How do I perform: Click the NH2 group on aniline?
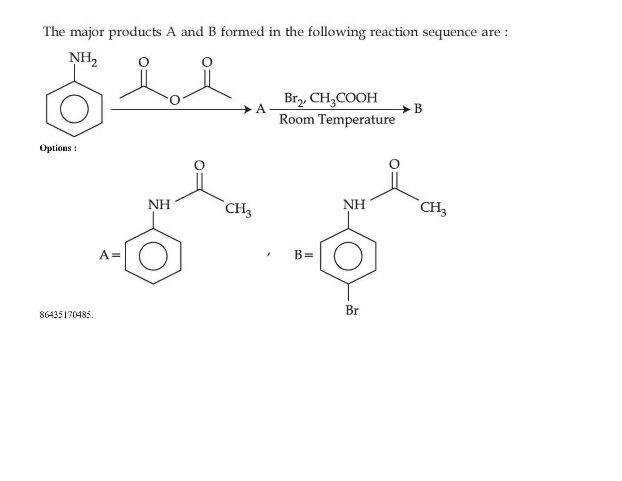click(x=83, y=59)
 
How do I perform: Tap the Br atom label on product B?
click(x=352, y=310)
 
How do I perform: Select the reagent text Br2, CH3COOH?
click(x=331, y=98)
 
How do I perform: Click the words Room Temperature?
click(x=337, y=119)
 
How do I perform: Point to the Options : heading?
click(x=58, y=148)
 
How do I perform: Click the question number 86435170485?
click(x=66, y=315)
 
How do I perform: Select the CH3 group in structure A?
click(x=238, y=210)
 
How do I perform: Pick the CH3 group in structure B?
click(x=433, y=208)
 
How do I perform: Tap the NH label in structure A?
click(x=159, y=205)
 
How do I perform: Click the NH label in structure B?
click(x=354, y=205)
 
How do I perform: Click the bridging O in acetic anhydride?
click(x=174, y=100)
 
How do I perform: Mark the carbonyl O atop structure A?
click(x=200, y=165)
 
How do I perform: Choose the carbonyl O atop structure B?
click(x=394, y=164)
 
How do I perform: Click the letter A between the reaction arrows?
click(x=260, y=109)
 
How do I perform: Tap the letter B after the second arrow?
click(x=418, y=109)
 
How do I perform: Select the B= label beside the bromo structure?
click(x=304, y=255)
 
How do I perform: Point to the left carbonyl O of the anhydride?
click(x=144, y=62)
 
